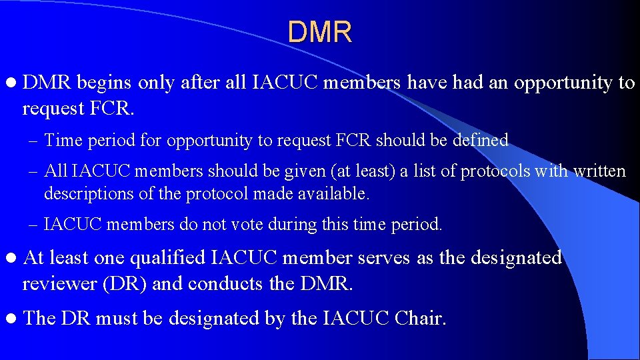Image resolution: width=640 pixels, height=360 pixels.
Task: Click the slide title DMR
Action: coord(320,32)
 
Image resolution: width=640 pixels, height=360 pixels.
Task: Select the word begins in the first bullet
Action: coord(105,83)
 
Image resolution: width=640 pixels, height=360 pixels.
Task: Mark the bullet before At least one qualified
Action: coord(11,258)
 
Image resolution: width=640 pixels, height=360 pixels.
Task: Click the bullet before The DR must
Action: coord(11,319)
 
